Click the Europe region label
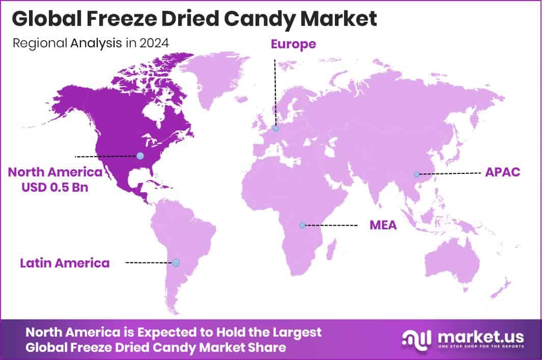[293, 44]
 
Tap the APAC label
[502, 172]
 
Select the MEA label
[383, 225]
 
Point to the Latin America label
[65, 263]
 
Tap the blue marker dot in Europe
[275, 129]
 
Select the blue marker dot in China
[416, 174]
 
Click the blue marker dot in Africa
[302, 225]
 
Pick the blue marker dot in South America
[176, 263]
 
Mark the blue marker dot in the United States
[140, 156]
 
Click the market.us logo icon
[416, 337]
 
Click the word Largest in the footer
[296, 332]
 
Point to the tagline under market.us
[478, 347]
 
